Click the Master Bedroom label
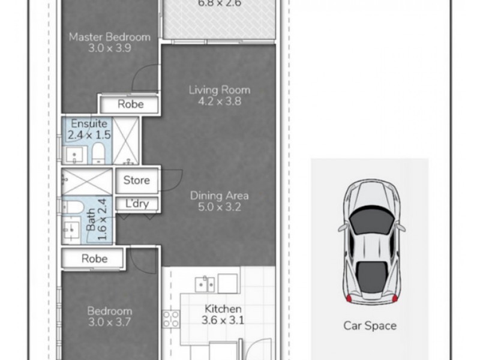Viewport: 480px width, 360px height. (x=110, y=37)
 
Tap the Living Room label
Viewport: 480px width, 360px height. (x=220, y=90)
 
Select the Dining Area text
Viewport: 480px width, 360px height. (x=219, y=196)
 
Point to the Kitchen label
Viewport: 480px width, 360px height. (x=223, y=309)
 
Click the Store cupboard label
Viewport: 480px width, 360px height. (x=137, y=180)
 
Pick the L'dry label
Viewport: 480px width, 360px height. (x=137, y=203)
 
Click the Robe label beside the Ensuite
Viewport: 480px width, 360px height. (x=130, y=104)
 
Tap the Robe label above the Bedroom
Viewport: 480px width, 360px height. (x=94, y=259)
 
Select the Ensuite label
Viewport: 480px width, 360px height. (x=89, y=124)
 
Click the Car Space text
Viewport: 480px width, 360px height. (x=370, y=325)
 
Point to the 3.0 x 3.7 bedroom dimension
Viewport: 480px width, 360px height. (x=110, y=322)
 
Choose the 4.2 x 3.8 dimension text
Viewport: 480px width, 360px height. (x=220, y=101)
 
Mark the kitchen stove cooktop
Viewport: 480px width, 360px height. (x=171, y=319)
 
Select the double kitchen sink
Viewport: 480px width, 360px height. (x=205, y=284)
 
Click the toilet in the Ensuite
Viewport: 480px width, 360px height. (x=98, y=152)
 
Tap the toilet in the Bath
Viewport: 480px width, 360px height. (x=73, y=207)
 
